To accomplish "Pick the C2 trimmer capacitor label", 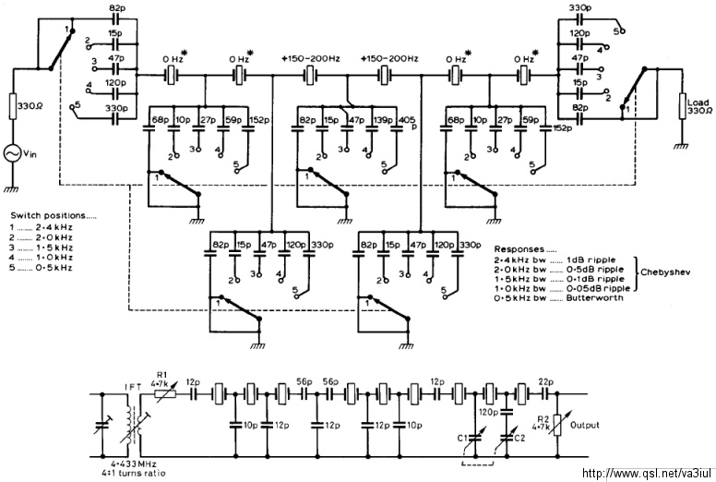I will pos(519,437).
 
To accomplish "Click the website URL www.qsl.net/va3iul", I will pos(645,473).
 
